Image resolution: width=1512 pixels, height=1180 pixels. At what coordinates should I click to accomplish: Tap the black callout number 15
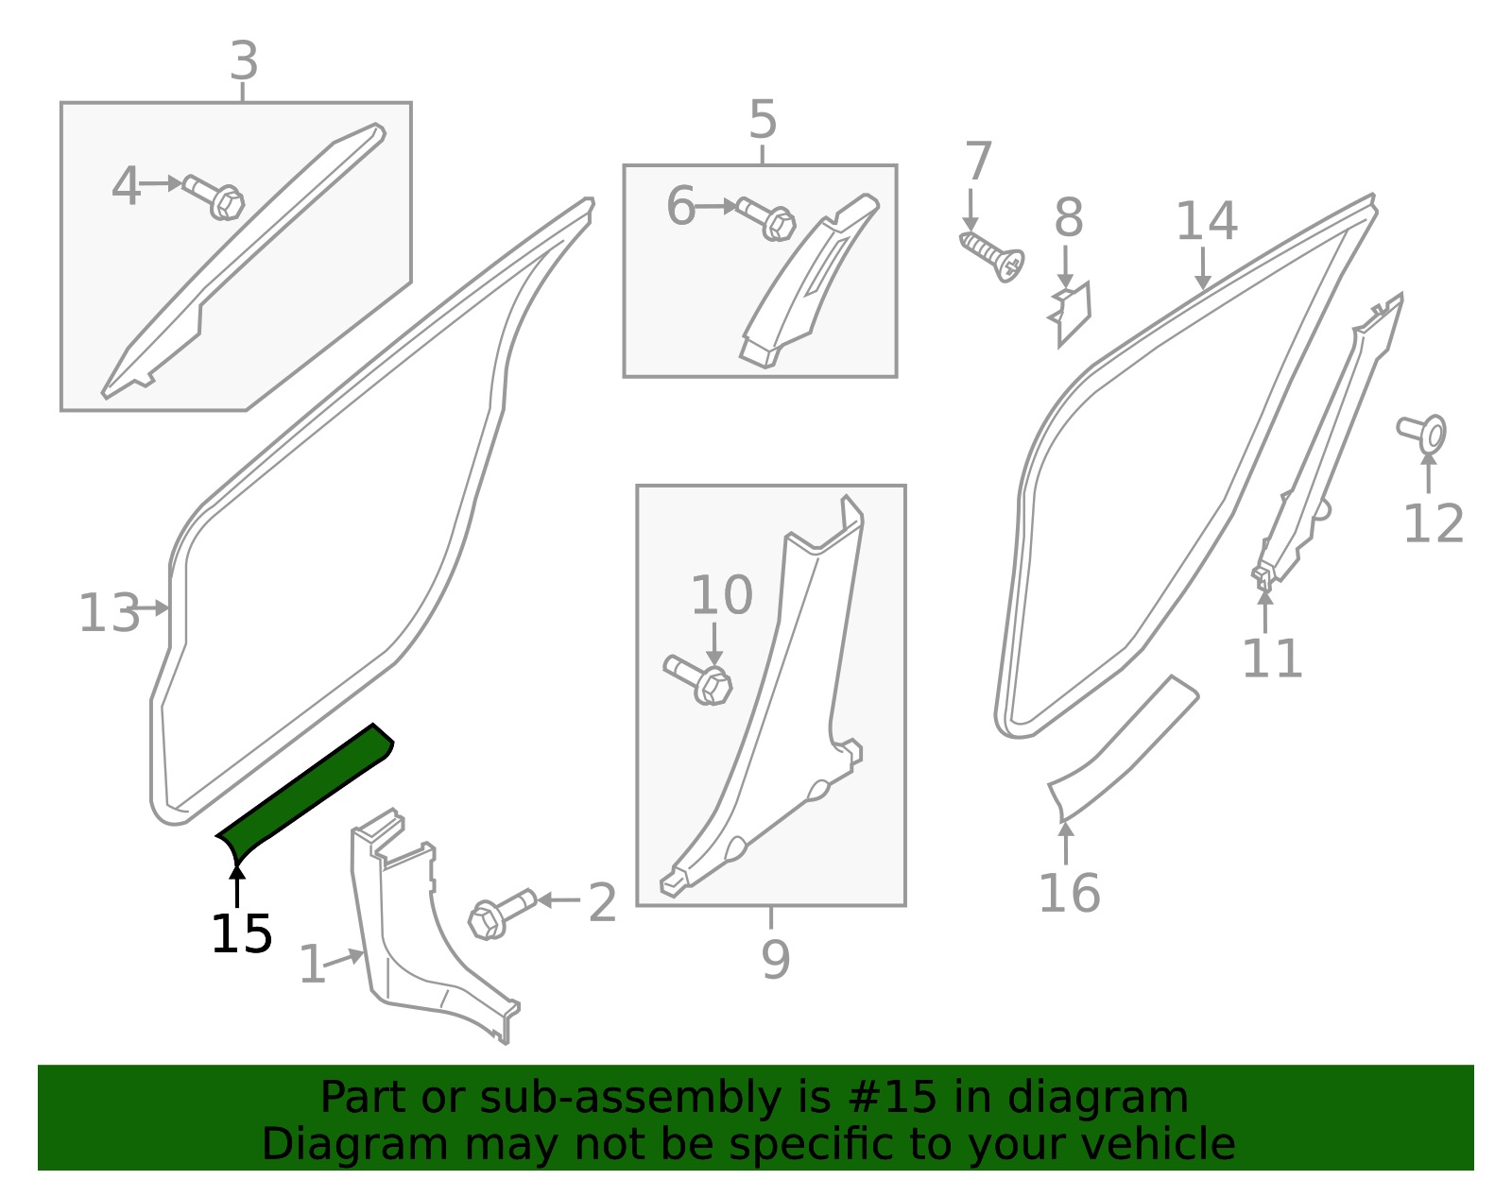[241, 934]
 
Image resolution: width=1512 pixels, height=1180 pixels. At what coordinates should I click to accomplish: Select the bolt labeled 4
[213, 197]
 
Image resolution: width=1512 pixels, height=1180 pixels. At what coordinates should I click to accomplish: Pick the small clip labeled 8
[1071, 313]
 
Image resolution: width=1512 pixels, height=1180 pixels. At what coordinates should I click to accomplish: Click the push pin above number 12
[1423, 434]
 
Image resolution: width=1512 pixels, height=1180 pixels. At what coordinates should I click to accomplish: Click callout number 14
[1207, 222]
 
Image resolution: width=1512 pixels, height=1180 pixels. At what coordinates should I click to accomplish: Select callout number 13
[110, 613]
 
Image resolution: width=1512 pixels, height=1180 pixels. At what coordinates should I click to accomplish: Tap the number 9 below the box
[776, 960]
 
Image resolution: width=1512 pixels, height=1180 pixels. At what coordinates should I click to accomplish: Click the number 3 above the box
[244, 61]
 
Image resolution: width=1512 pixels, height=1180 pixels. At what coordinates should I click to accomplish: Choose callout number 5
[763, 120]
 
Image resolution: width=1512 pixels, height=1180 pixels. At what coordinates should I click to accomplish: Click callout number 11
[1272, 658]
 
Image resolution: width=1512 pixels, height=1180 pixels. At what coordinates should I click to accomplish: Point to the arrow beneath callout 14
[1203, 268]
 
